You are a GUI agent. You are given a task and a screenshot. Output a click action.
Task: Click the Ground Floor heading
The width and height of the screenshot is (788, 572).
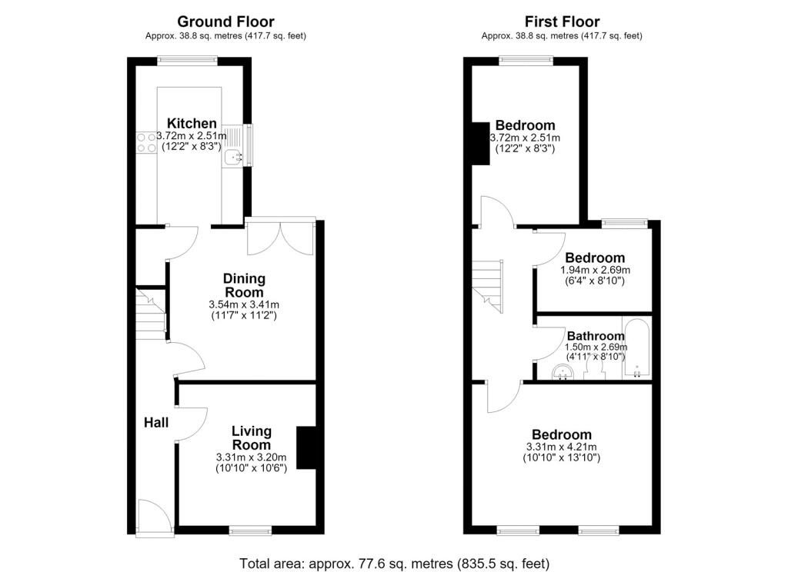(x=225, y=22)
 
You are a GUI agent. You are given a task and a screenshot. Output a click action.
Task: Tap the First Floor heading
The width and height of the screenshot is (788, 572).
(x=562, y=22)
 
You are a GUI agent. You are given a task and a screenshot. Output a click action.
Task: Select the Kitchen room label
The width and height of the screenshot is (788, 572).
(x=192, y=123)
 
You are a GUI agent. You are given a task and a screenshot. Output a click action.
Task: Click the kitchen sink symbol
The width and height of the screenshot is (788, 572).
(x=234, y=157)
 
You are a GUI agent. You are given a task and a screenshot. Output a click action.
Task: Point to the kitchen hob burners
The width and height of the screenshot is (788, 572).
(x=146, y=142)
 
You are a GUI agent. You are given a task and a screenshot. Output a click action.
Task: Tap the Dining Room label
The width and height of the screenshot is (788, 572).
(x=244, y=285)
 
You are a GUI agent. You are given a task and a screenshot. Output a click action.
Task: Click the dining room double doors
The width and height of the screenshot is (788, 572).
(x=281, y=238)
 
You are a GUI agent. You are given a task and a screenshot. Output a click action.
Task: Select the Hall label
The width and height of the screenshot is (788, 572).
(x=156, y=423)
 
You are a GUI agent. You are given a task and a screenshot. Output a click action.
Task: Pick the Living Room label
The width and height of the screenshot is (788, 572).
(x=252, y=438)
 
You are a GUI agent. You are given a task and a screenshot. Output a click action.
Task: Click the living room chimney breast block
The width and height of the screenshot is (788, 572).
(x=306, y=448)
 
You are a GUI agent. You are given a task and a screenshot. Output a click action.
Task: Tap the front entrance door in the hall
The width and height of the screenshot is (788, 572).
(x=155, y=517)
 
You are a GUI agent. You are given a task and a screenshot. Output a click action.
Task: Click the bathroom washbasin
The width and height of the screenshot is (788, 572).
(x=563, y=373)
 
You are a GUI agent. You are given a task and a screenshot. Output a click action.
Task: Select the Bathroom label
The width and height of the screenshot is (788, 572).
(x=596, y=336)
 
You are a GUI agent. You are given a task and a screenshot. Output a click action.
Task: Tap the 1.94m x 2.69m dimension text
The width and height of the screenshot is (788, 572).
(x=595, y=270)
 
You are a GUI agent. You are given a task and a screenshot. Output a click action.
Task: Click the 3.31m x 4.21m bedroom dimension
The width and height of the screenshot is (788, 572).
(x=561, y=447)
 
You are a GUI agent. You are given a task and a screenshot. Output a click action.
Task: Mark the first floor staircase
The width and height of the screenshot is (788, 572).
(x=488, y=286)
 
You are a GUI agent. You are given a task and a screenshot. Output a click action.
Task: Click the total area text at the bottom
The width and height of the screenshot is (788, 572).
(x=394, y=564)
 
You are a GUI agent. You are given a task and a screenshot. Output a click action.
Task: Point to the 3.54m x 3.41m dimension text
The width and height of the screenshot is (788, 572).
(x=244, y=304)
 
